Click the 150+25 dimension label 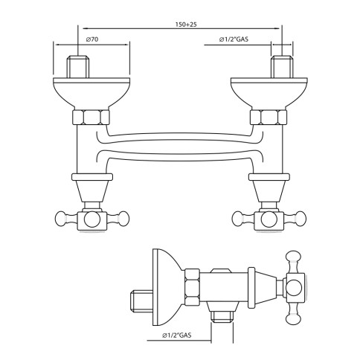tap(186, 25)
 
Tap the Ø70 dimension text tap(92, 39)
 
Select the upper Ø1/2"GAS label tap(234, 39)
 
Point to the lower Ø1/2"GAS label tap(177, 335)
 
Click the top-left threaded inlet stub tap(77, 67)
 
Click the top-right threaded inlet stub tap(282, 67)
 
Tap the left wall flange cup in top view tap(91, 93)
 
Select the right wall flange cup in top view tap(269, 93)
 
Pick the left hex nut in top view tap(91, 117)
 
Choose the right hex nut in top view tap(269, 117)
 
